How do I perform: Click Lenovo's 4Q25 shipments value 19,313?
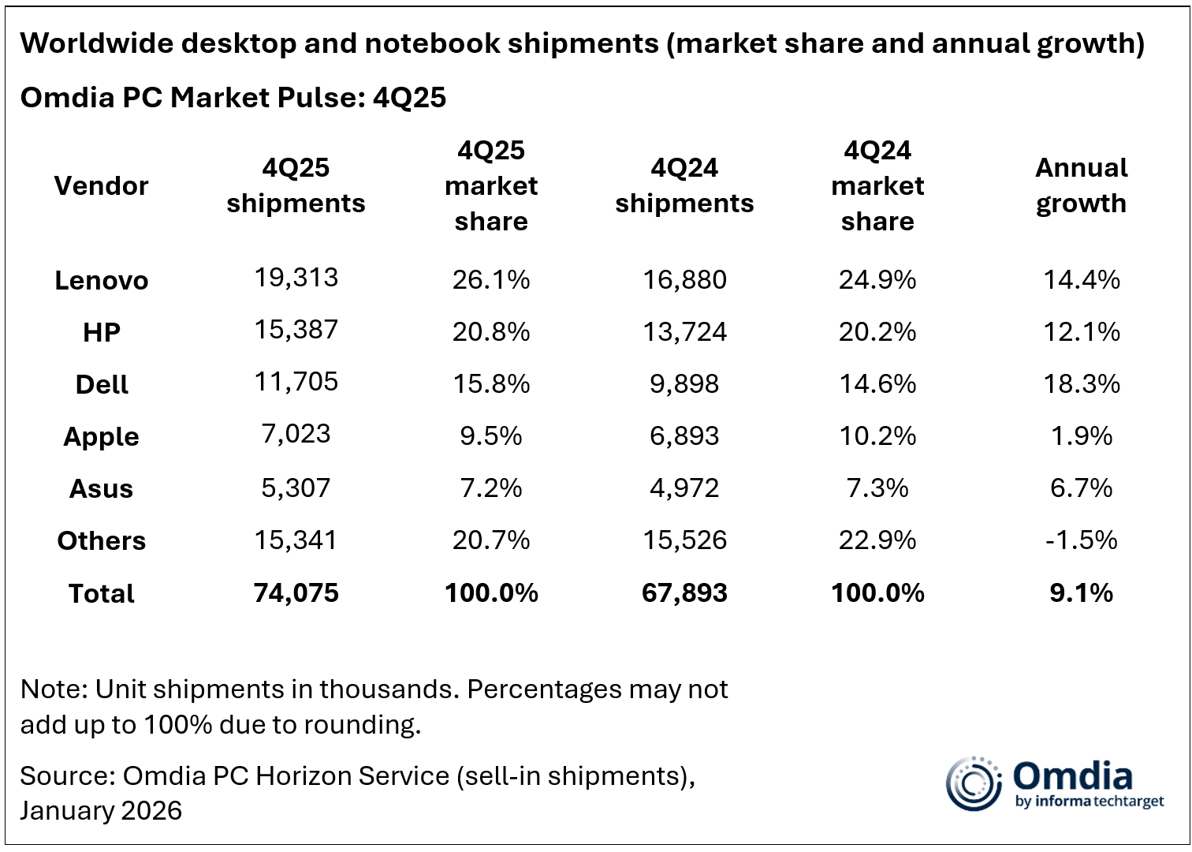tap(296, 278)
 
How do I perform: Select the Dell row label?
tap(102, 384)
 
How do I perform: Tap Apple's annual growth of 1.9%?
tap(1081, 435)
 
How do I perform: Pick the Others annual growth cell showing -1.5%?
tap(1081, 540)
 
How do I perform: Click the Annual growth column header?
tap(1081, 185)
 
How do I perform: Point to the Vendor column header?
tap(101, 185)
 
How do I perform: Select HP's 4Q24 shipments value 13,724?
tap(684, 331)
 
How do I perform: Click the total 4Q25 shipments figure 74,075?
tap(296, 592)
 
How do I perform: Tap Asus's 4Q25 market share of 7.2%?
tap(490, 488)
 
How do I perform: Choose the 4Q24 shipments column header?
tap(684, 185)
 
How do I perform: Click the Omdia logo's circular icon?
tap(973, 783)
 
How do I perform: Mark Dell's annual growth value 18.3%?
tap(1081, 383)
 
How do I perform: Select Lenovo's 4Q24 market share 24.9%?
tap(877, 279)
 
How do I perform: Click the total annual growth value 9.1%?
tap(1081, 592)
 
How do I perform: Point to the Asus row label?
tap(101, 488)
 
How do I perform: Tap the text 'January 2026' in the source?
tap(101, 810)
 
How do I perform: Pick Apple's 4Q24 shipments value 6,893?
tap(684, 435)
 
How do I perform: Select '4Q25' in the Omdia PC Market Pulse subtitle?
tap(409, 97)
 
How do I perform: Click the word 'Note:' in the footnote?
tap(54, 689)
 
